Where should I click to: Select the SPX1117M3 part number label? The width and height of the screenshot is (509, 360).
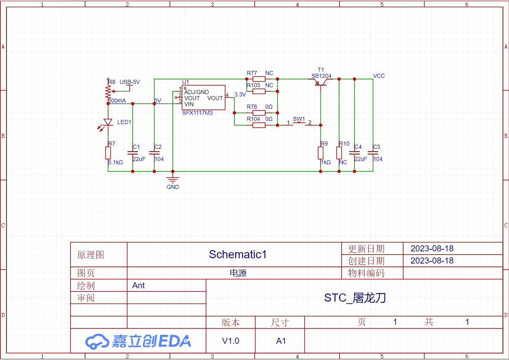(x=197, y=113)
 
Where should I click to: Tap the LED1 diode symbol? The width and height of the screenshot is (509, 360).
(x=108, y=122)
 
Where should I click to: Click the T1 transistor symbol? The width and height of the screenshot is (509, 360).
(x=321, y=83)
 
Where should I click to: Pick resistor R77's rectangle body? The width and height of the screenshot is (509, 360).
(x=259, y=79)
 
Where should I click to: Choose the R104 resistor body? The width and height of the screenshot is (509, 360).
(x=259, y=125)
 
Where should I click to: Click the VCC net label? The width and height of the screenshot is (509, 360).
(x=379, y=76)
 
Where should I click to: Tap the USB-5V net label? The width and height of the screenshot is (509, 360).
(x=130, y=82)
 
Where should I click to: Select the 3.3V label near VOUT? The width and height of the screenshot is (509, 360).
(x=240, y=94)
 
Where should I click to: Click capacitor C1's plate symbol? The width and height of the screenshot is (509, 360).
(x=133, y=153)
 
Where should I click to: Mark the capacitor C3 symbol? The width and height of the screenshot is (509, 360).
(x=373, y=153)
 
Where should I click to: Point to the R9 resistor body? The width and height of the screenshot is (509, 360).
(x=320, y=153)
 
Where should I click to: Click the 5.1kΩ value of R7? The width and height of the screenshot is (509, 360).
(x=115, y=162)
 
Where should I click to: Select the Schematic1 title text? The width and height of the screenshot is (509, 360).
(x=238, y=254)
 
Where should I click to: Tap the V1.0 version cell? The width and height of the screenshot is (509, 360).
(x=230, y=341)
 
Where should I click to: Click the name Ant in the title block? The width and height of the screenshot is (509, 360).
(x=138, y=285)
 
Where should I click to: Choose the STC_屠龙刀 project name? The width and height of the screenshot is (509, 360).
(x=354, y=298)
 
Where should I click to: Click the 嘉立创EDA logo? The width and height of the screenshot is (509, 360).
(x=138, y=341)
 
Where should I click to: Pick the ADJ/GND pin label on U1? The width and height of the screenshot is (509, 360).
(x=196, y=92)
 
